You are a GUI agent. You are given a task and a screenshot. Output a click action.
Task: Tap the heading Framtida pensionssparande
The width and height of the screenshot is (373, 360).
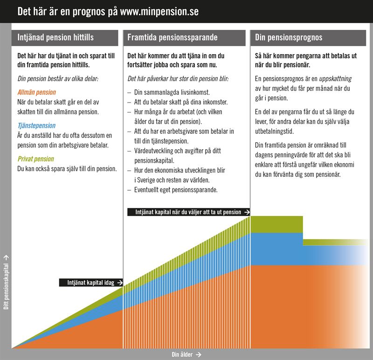pyautogui.click(x=173, y=38)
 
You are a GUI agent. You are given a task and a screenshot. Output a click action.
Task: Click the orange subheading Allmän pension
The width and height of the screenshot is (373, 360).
pyautogui.click(x=36, y=92)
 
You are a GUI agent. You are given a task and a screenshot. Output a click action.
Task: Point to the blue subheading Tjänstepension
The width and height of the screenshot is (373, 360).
pyautogui.click(x=36, y=125)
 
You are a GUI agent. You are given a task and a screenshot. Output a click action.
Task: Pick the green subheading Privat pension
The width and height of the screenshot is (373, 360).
pyautogui.click(x=35, y=159)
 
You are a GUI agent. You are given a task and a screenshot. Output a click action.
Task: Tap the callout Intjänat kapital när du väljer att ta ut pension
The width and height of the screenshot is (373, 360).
pyautogui.click(x=185, y=212)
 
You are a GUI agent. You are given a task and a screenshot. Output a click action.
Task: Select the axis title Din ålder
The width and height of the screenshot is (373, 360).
pyautogui.click(x=182, y=354)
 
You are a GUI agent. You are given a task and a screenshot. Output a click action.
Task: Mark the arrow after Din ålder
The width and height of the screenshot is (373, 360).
pyautogui.click(x=199, y=354)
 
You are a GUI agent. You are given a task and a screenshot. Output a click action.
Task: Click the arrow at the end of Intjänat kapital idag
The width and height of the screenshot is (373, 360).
pyautogui.click(x=120, y=282)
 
